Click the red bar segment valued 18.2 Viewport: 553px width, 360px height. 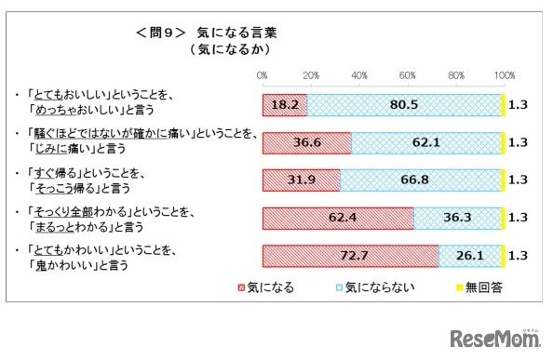click(x=284, y=105)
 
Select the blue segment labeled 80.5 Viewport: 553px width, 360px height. click(x=404, y=105)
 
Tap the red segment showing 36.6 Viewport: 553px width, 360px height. click(x=306, y=142)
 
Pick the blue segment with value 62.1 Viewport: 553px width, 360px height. click(x=426, y=142)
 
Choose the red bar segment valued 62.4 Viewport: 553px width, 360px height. click(x=338, y=217)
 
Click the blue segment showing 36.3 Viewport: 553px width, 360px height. click(x=458, y=217)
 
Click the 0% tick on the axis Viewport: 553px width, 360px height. click(x=263, y=74)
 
